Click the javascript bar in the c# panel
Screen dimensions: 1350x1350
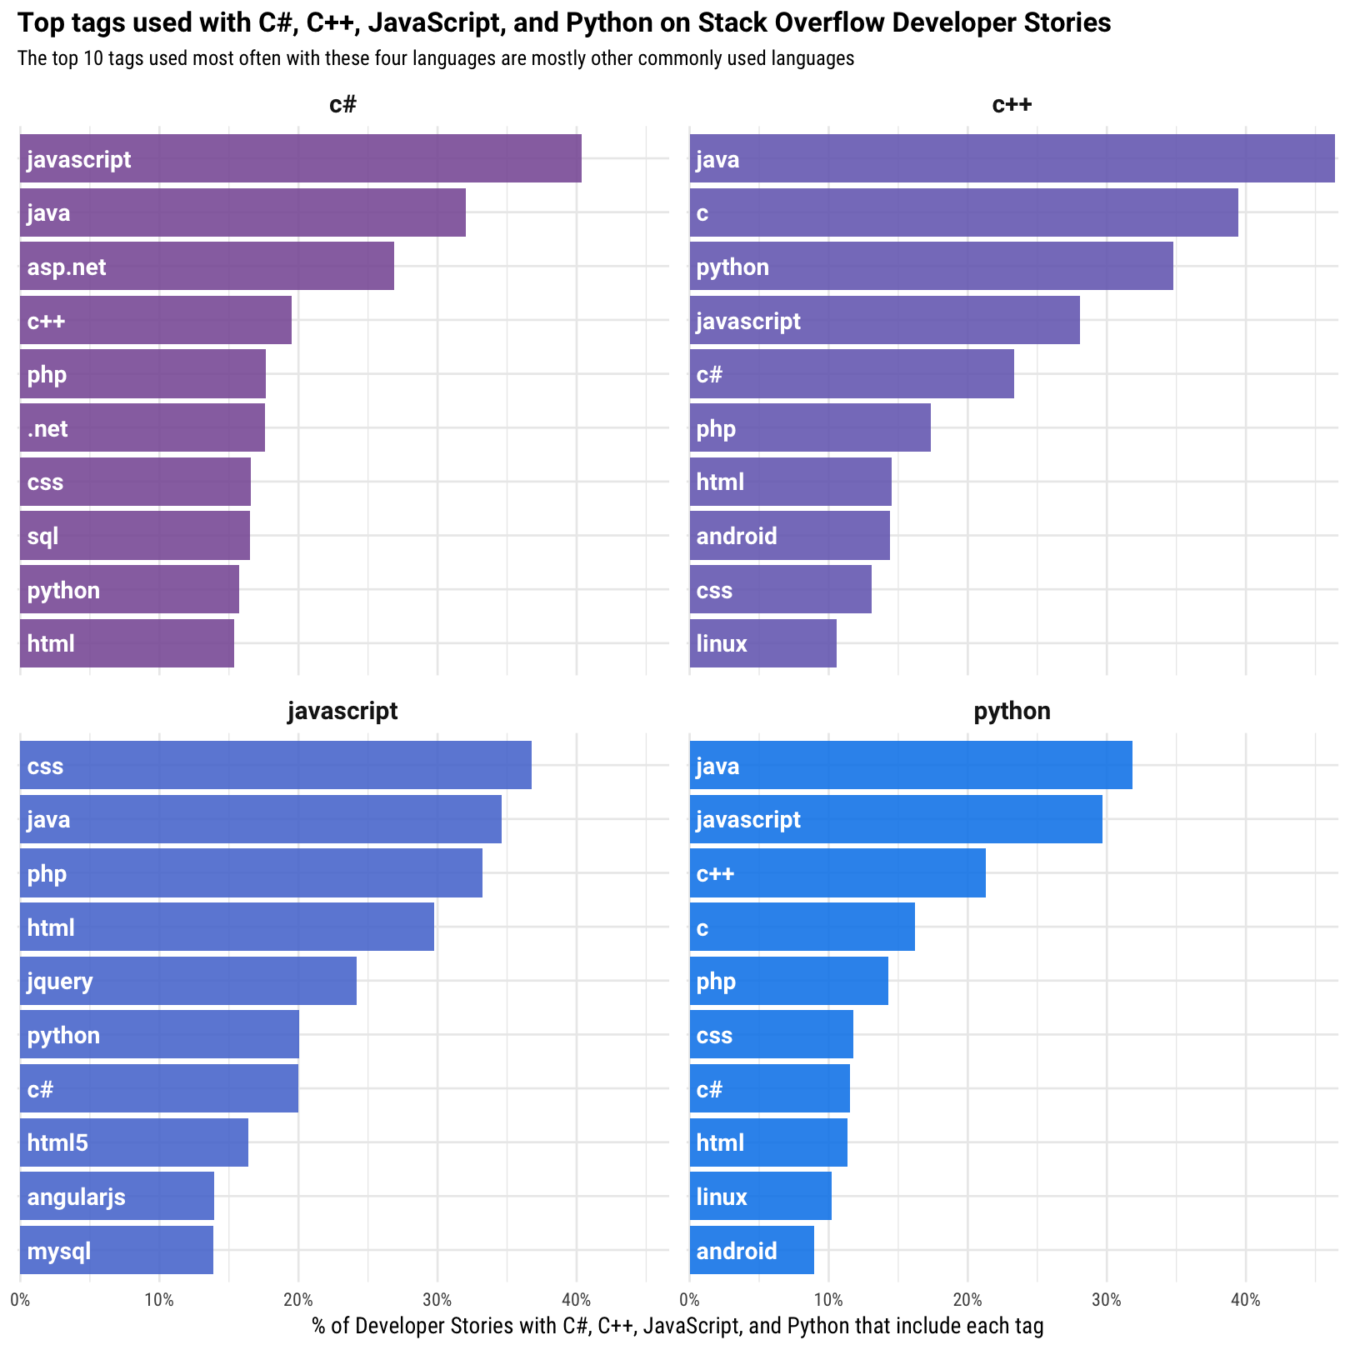[x=300, y=158]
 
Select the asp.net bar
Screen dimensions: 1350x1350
[x=207, y=267]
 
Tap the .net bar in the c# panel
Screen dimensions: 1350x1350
[x=142, y=428]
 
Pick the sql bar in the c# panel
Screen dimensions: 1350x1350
[x=134, y=536]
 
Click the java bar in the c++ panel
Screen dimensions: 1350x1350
[x=1012, y=158]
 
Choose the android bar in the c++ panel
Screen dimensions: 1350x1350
[x=789, y=536]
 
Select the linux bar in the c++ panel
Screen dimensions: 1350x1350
[x=762, y=643]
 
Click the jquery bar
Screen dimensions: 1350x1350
[x=187, y=981]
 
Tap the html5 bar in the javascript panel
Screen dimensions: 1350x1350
[x=133, y=1142]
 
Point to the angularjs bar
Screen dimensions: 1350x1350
[x=117, y=1197]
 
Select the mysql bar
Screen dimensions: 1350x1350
[x=116, y=1250]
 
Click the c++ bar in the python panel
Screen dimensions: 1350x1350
[x=837, y=873]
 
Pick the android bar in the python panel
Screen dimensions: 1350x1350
[x=752, y=1250]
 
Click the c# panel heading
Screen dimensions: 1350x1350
[x=342, y=105]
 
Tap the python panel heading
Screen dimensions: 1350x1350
[x=1012, y=711]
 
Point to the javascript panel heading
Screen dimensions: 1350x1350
[x=342, y=711]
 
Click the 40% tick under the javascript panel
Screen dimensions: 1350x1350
[x=576, y=1300]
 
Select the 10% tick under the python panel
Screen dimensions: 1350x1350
[x=828, y=1300]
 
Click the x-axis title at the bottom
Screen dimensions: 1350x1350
[x=677, y=1326]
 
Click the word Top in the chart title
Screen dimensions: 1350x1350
[x=35, y=23]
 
